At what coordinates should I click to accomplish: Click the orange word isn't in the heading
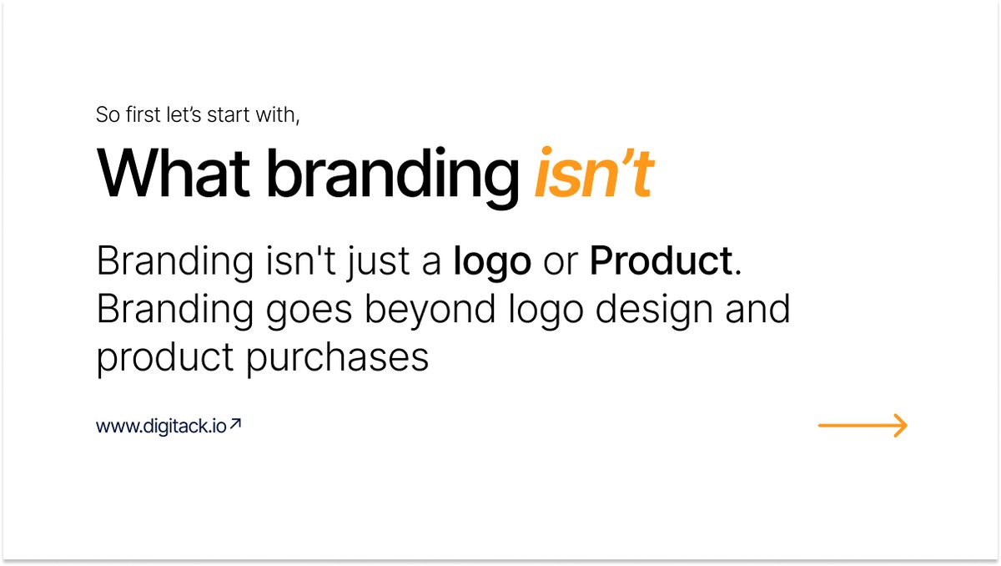(593, 173)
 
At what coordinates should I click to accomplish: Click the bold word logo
(492, 263)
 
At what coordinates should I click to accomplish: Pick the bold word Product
(661, 261)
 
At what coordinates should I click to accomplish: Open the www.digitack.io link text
(161, 427)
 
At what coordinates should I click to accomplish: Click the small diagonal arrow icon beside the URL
(235, 424)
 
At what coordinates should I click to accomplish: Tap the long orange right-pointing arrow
(863, 426)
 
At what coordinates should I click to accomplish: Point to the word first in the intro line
(142, 114)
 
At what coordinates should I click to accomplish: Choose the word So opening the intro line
(108, 114)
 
